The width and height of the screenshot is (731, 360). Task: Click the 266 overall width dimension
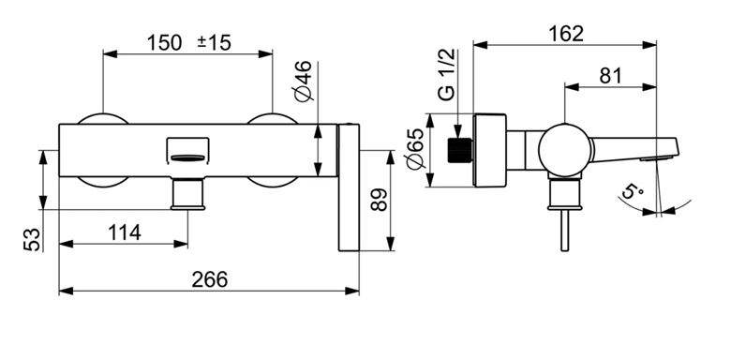[209, 279]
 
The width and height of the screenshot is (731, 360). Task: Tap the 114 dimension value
[125, 232]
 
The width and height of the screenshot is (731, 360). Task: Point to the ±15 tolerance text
[214, 43]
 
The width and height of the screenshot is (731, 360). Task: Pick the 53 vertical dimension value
[33, 240]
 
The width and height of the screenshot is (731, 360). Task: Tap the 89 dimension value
[380, 200]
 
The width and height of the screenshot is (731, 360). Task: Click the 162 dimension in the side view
[565, 34]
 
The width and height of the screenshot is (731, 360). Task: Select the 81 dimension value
[611, 76]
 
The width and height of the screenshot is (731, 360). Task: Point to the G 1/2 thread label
[447, 74]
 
